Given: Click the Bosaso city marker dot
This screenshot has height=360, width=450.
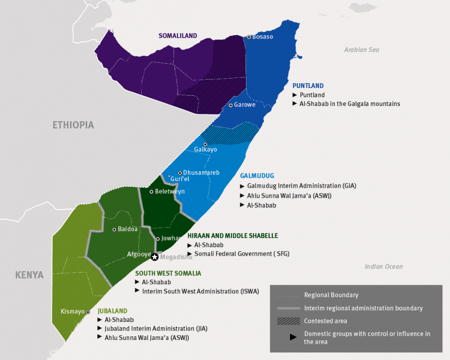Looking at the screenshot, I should [x=249, y=37].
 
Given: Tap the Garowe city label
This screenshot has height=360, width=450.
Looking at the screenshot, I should [x=245, y=105].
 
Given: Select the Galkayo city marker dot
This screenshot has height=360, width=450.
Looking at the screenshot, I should [x=205, y=144].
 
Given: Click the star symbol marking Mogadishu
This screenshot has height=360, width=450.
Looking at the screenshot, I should [x=155, y=257].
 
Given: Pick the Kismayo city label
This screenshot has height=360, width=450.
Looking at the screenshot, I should [x=72, y=312].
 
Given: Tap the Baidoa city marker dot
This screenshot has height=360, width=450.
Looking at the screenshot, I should [x=114, y=229].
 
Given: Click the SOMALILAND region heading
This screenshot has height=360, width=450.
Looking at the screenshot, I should [x=177, y=36].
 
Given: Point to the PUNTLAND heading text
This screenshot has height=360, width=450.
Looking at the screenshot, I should [x=308, y=86].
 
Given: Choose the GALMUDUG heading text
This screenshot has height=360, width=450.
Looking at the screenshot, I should [x=257, y=176].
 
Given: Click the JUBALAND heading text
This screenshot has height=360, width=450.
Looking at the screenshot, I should [x=112, y=311].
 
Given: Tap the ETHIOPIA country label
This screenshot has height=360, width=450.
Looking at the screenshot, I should [x=73, y=125].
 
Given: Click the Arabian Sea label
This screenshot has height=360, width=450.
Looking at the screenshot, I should [x=362, y=50].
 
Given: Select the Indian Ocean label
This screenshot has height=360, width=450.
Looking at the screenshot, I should [x=383, y=267].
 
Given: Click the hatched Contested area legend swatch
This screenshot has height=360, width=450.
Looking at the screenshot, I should [x=288, y=321].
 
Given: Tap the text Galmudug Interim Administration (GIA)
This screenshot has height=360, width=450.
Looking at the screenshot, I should [x=302, y=186].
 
